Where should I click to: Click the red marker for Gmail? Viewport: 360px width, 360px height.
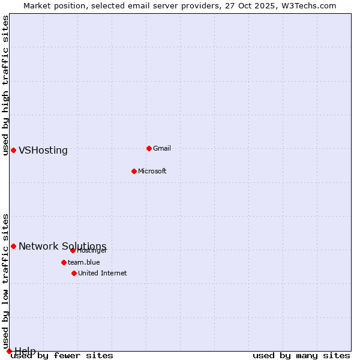(149, 148)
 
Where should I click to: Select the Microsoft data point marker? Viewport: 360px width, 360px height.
(134, 171)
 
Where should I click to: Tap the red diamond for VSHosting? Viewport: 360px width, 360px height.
(13, 150)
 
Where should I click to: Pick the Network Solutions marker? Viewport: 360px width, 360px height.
(13, 246)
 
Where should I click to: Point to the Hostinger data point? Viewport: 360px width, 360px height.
(73, 250)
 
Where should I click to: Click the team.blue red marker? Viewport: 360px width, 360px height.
(64, 262)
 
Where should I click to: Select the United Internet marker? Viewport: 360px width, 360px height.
(74, 273)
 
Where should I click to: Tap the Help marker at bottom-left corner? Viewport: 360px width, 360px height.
(9, 351)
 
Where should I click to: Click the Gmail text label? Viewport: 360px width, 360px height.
(162, 148)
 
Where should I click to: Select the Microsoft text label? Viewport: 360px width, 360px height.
(152, 171)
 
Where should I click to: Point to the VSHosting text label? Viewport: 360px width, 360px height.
(43, 151)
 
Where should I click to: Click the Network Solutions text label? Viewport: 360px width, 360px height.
(62, 247)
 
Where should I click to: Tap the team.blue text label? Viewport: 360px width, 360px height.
(83, 262)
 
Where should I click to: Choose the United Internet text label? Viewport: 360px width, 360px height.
(102, 273)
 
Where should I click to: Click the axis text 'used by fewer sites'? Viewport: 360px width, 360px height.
(62, 356)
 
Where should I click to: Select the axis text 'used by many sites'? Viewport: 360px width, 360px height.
(301, 356)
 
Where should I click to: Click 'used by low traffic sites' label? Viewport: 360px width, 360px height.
(5, 281)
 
